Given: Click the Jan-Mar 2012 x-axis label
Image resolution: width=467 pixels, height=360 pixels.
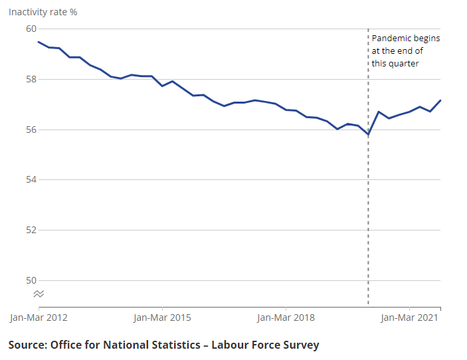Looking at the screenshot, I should pos(39,317).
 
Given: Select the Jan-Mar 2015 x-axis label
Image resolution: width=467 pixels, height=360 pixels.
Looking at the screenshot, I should pos(162,317).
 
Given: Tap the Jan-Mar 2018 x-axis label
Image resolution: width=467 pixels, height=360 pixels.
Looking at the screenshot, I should pos(286,317).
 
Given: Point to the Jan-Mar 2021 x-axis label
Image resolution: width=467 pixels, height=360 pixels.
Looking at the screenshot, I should pos(409,317).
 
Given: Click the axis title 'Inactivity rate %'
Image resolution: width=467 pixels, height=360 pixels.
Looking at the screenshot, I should pos(43,12).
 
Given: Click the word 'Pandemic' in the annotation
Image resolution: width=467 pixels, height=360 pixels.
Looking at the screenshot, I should pos(392,39).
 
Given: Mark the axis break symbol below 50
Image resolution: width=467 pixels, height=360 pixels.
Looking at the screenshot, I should pos(39,294).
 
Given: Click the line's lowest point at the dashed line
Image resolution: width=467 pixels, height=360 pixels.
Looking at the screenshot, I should pos(368,135).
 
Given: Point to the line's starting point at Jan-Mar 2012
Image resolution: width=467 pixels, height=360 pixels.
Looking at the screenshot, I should pos(39,42).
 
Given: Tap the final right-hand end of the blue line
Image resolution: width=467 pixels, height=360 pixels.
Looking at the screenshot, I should pos(440,100).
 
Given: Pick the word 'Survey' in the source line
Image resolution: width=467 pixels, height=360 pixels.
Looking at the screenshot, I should pos(299,345).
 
